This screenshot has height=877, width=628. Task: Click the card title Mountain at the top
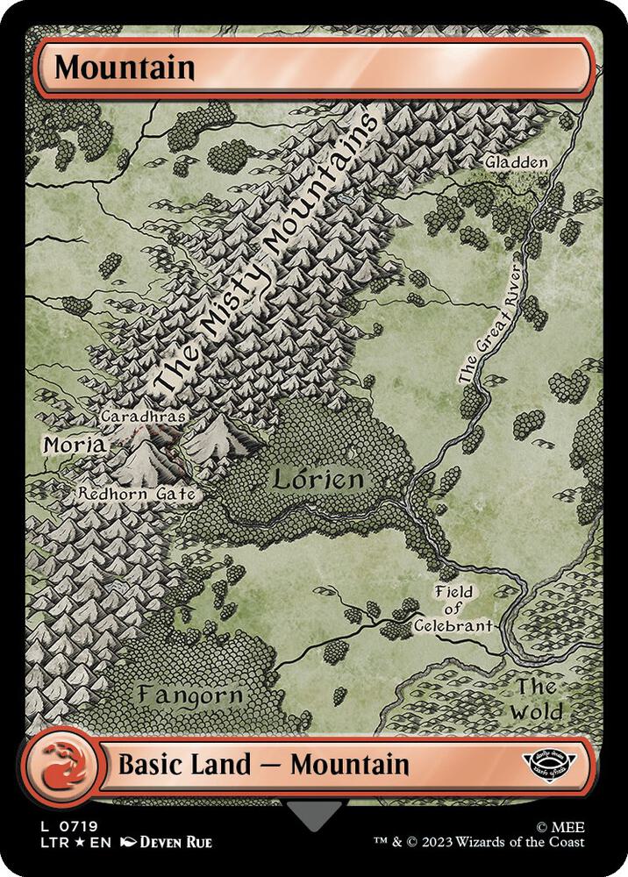point(124,67)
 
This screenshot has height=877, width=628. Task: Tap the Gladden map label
point(518,162)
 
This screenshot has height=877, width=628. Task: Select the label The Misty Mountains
point(263,254)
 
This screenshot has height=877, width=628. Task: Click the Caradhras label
point(143,417)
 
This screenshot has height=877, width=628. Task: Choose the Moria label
point(75,446)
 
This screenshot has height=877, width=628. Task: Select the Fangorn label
point(189,695)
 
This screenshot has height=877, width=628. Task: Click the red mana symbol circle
point(54,764)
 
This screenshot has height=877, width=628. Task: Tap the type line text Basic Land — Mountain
point(263,764)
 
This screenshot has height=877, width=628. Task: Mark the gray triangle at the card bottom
point(314,816)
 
